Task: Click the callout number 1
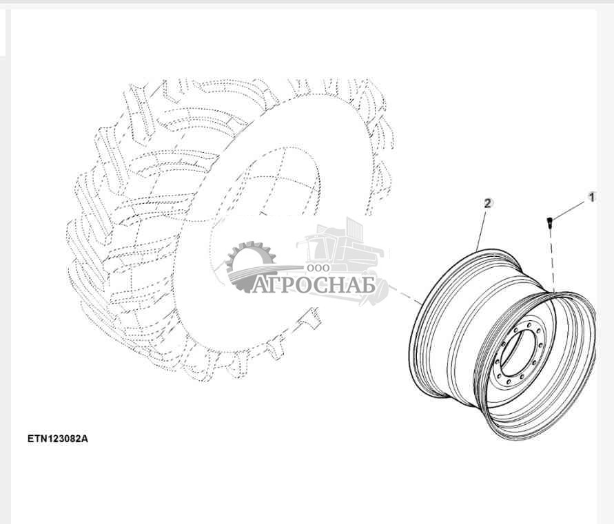(592, 197)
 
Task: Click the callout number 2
(488, 204)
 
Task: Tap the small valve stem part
(549, 224)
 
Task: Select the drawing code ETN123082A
(58, 439)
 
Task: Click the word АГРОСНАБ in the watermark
(314, 284)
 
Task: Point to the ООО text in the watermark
(318, 268)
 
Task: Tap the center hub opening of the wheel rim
(518, 353)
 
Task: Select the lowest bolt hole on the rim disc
(508, 382)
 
